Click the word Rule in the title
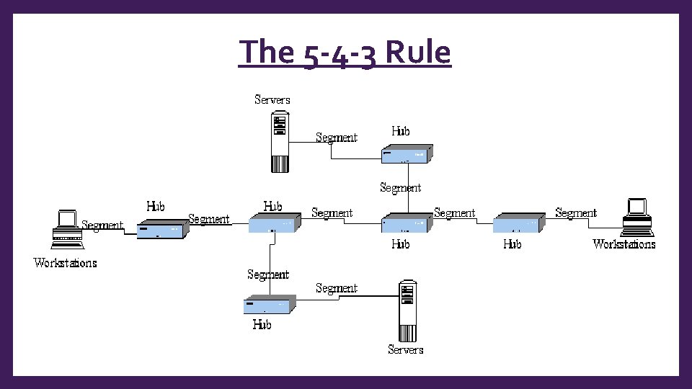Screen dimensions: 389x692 click(418, 53)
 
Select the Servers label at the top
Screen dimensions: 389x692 click(272, 99)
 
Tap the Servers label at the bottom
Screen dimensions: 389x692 click(405, 349)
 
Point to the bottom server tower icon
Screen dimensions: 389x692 click(409, 311)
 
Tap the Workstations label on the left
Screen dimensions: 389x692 click(66, 263)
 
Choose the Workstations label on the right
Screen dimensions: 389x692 click(624, 244)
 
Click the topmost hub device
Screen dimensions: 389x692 click(407, 153)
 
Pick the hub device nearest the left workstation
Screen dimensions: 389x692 click(163, 228)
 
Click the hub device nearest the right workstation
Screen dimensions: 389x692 click(518, 223)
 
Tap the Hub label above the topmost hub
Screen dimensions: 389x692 click(401, 131)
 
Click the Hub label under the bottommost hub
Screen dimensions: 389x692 click(262, 325)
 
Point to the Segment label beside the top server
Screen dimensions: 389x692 click(337, 138)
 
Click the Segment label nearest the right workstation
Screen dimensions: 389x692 click(576, 213)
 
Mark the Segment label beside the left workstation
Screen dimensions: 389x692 click(102, 225)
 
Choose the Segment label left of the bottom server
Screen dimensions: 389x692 click(337, 288)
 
